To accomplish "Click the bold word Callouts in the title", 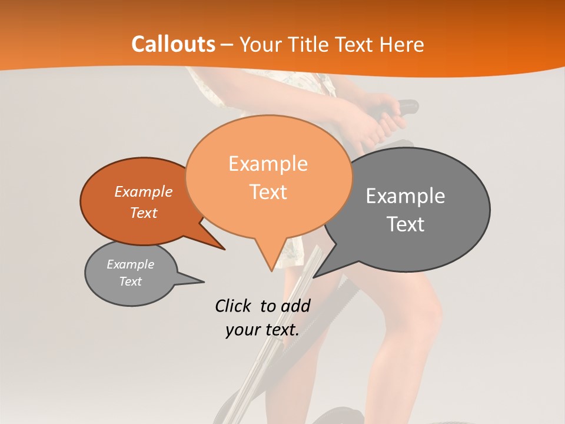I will tap(173, 44).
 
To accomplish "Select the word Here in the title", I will tap(401, 45).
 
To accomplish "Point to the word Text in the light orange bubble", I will tap(268, 191).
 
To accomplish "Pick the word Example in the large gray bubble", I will tap(405, 196).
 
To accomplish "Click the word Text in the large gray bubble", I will tap(406, 224).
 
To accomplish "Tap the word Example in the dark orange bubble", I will tap(143, 191).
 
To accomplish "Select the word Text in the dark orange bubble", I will tap(143, 213).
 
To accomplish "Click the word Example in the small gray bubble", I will tap(130, 264).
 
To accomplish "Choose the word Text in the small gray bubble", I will tap(130, 281).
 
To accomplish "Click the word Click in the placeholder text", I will tap(234, 306).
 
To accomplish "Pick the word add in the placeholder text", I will tap(295, 306).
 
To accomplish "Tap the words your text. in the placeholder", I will tap(262, 330).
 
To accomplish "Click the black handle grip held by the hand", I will tap(407, 107).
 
